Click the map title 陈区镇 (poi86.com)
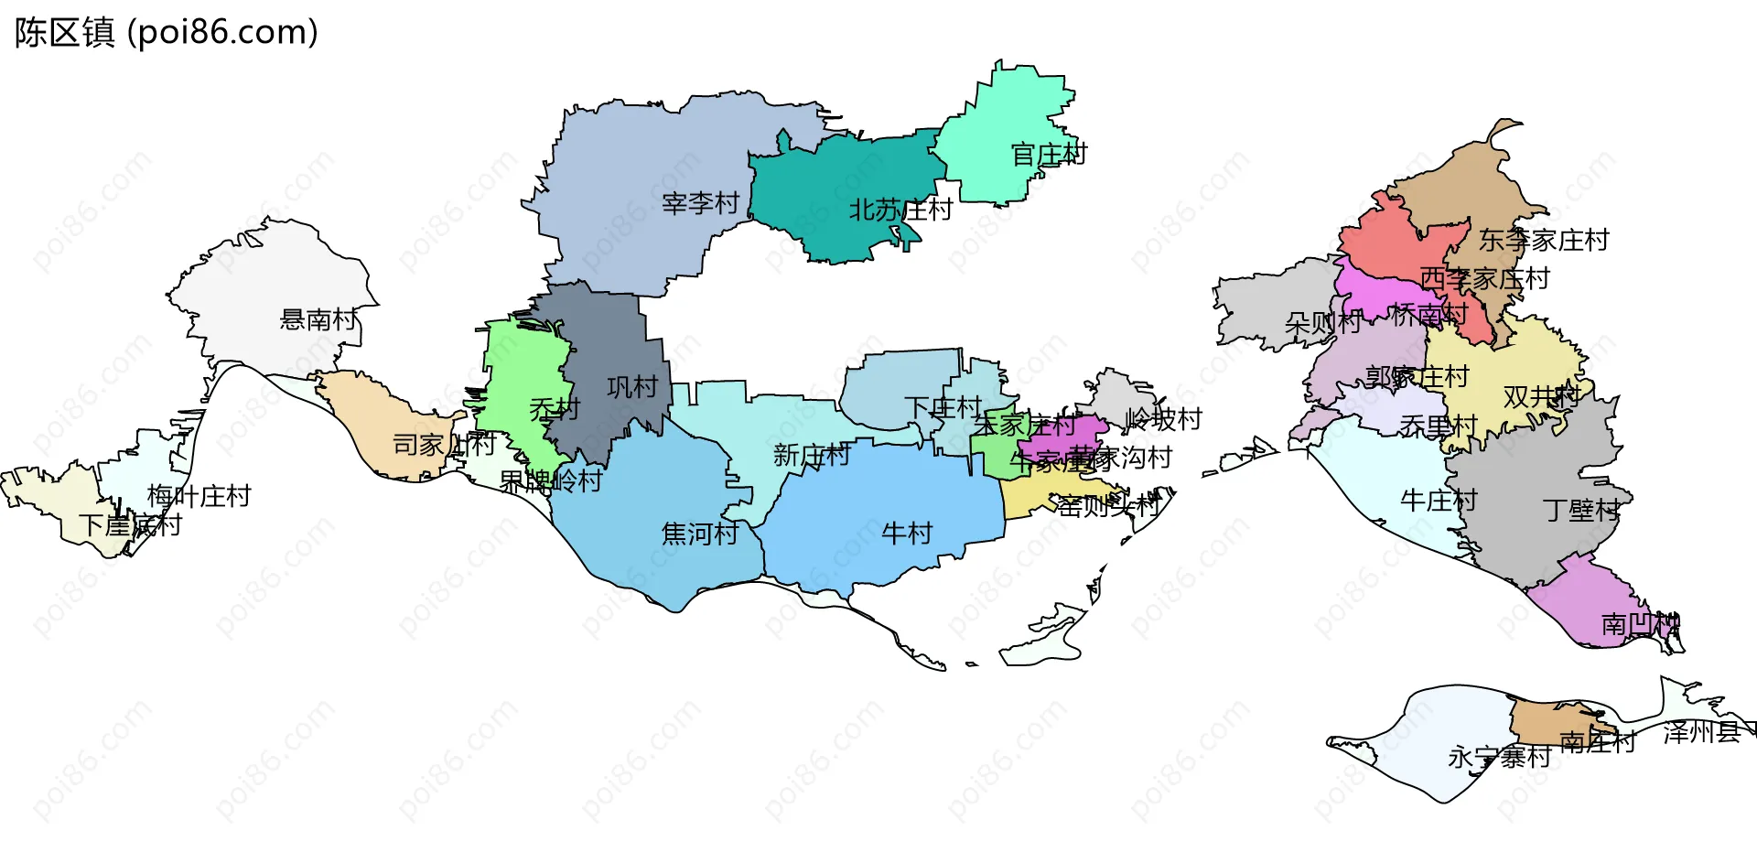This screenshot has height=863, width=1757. coord(166,33)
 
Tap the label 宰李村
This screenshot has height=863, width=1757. coord(700,202)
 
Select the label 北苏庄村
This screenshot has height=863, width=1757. coord(900,210)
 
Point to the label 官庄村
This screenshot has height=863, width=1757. coord(1049,154)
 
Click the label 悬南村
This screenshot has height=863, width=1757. coord(318,319)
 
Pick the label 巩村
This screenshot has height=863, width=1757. coord(632,387)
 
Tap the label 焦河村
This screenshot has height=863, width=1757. coord(700,533)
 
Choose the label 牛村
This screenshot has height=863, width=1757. coord(906,533)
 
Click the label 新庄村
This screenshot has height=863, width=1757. coord(812,455)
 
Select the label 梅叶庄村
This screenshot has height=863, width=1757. coord(199,496)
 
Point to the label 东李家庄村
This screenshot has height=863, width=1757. coord(1544,240)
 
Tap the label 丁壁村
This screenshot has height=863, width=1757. coord(1581,510)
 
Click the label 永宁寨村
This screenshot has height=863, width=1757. coord(1499,757)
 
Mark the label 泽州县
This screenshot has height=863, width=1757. coord(1701,732)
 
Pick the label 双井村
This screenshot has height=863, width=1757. coord(1542,396)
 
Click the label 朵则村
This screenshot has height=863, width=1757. coord(1322,322)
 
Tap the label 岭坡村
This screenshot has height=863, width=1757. coord(1163,419)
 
